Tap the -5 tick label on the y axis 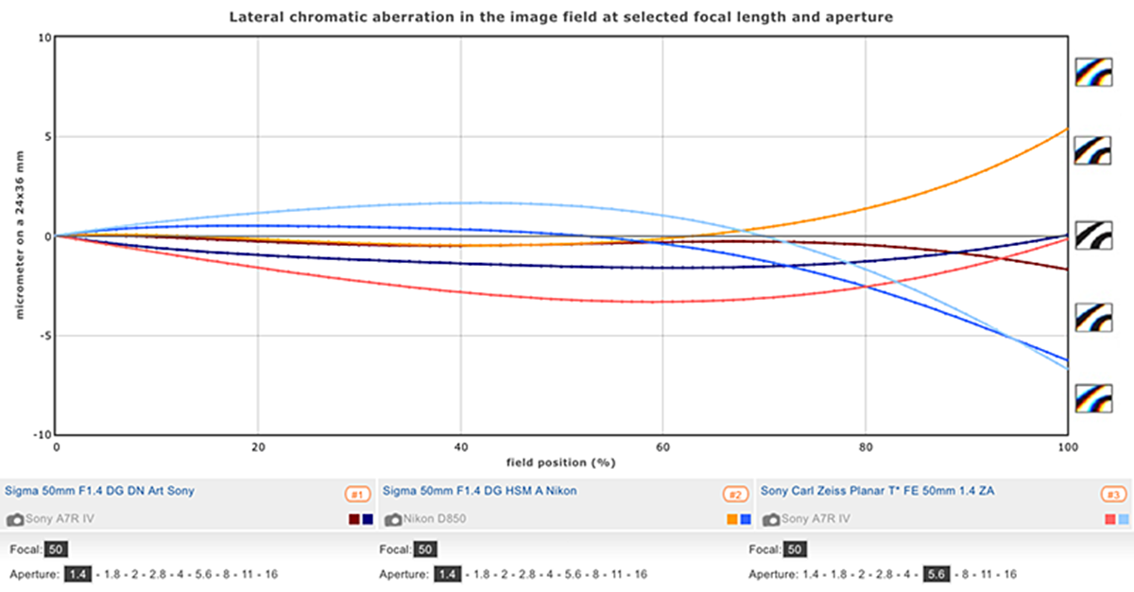(44, 336)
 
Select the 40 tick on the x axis (460, 445)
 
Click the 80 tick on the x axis (865, 445)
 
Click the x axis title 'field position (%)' (561, 462)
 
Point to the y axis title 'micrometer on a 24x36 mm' (18, 236)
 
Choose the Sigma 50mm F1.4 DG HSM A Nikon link (479, 491)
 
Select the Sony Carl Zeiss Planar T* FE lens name (877, 491)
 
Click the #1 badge (356, 494)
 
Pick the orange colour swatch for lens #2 (731, 519)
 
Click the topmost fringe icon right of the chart (1092, 71)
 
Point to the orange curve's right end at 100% (1066, 129)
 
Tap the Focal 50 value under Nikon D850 (425, 549)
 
